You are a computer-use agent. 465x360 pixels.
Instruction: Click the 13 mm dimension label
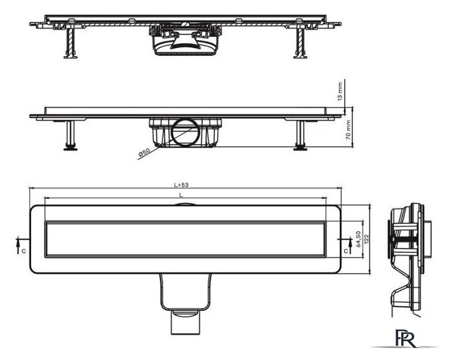[x=340, y=91]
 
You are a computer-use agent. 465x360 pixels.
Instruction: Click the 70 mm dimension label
[x=348, y=130]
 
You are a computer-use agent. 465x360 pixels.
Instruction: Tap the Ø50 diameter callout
[x=145, y=153]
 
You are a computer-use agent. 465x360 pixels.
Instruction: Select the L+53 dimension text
[x=181, y=185]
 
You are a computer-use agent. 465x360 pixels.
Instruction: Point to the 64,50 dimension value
[x=358, y=239]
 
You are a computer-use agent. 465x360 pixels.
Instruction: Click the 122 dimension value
[x=367, y=239]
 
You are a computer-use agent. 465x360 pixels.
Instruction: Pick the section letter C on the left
[x=24, y=251]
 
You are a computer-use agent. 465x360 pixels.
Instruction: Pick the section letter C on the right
[x=346, y=251]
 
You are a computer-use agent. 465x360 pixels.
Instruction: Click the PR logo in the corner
[x=405, y=338]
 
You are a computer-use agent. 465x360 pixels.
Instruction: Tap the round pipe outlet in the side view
[x=186, y=132]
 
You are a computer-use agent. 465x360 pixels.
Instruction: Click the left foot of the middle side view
[x=71, y=148]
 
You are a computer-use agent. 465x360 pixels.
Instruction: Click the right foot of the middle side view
[x=300, y=148]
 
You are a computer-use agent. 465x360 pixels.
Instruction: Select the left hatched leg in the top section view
[x=71, y=41]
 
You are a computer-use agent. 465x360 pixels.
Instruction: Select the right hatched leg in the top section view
[x=300, y=41]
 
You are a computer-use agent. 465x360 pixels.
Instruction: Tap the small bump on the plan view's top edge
[x=185, y=204]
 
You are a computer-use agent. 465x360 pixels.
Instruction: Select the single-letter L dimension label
[x=181, y=195]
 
